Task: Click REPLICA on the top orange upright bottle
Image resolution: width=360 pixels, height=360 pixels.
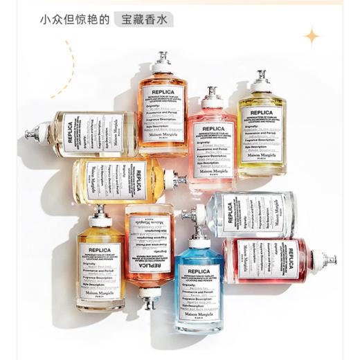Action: pos(163,91)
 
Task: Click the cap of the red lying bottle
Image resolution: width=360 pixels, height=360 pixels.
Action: pos(328,260)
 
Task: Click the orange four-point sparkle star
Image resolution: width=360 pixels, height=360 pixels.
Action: pos(312,35)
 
